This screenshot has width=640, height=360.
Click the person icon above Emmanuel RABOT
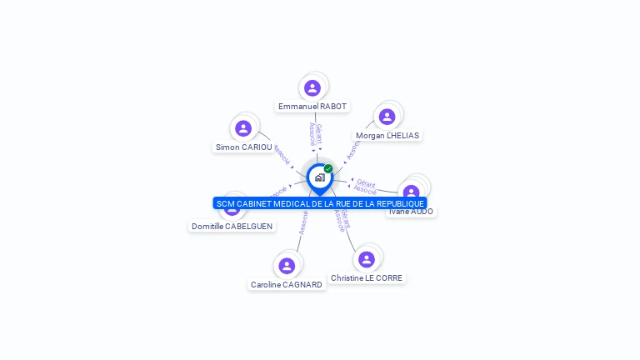point(312,87)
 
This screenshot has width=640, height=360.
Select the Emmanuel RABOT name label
point(312,107)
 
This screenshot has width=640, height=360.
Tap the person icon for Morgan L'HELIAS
point(387,117)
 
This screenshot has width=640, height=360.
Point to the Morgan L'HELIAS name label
point(387,135)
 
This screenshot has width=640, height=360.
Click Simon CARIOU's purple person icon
point(243,128)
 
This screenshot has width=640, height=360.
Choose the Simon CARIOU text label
point(243,147)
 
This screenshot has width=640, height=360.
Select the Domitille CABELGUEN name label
point(232,226)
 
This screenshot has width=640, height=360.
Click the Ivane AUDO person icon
point(411,192)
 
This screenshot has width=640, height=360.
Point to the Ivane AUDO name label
point(411,212)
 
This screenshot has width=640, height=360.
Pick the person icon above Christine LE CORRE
point(367,259)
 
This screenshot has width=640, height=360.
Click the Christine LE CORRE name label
point(367,278)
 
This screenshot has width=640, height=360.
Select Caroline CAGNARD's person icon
point(287,266)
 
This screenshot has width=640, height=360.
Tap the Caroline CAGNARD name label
point(287,285)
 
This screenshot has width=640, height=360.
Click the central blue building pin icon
point(319,177)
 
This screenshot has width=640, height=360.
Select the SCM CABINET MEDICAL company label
point(320,203)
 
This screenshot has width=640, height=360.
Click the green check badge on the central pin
point(328,168)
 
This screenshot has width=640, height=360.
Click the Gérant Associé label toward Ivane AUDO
point(365,187)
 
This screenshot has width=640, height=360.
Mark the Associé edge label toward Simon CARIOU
point(281,155)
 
